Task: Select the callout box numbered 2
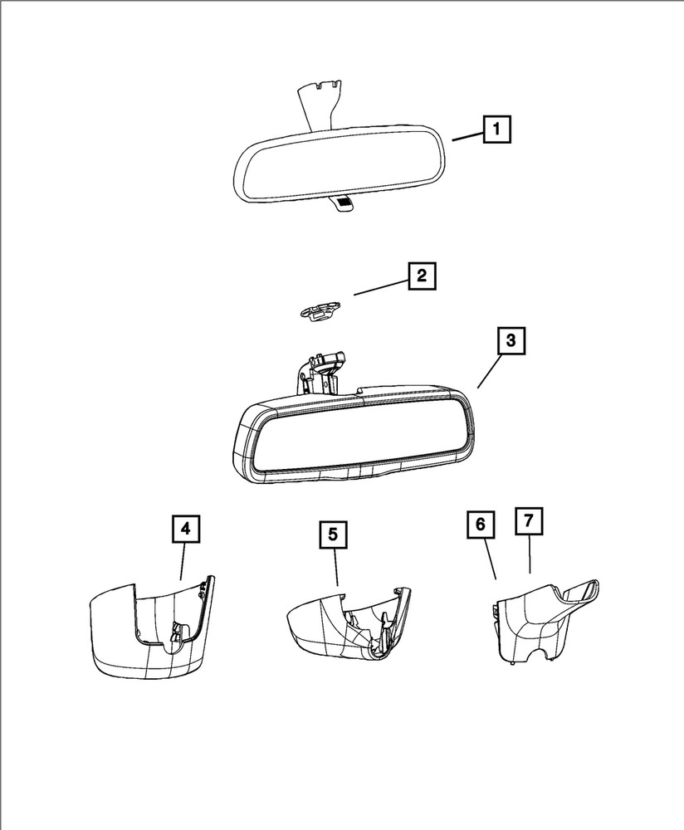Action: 421,276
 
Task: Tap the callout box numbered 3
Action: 510,341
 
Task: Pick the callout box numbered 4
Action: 186,529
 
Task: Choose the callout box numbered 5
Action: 332,535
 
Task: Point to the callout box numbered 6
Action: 480,525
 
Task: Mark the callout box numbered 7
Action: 529,521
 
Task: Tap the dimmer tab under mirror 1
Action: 342,203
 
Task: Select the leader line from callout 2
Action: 380,287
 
